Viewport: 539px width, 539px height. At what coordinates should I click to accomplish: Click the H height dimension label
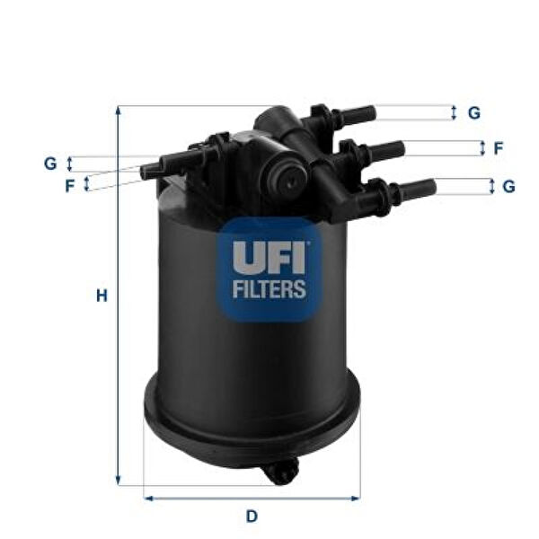pyautogui.click(x=102, y=295)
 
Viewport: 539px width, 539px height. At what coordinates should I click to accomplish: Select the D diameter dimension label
pyautogui.click(x=252, y=516)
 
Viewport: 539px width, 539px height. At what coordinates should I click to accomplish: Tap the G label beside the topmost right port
pyautogui.click(x=473, y=113)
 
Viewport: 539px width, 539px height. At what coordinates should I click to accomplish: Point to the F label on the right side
pyautogui.click(x=498, y=148)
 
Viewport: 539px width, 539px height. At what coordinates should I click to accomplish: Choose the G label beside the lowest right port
pyautogui.click(x=508, y=187)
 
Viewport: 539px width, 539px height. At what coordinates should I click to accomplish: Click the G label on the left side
pyautogui.click(x=50, y=163)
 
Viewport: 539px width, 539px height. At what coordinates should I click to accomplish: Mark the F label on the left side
pyautogui.click(x=69, y=186)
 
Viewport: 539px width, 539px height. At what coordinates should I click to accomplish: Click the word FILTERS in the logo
pyautogui.click(x=269, y=290)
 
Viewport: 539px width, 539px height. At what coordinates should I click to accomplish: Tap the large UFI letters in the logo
pyautogui.click(x=269, y=257)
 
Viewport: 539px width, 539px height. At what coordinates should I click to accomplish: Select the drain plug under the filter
pyautogui.click(x=283, y=473)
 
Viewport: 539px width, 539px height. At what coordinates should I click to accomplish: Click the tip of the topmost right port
pyautogui.click(x=369, y=114)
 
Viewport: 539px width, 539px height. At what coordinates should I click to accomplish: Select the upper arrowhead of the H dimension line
pyautogui.click(x=118, y=110)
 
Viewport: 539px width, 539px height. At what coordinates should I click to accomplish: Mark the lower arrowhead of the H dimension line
pyautogui.click(x=118, y=481)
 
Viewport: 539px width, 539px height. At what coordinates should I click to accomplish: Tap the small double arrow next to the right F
pyautogui.click(x=483, y=148)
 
